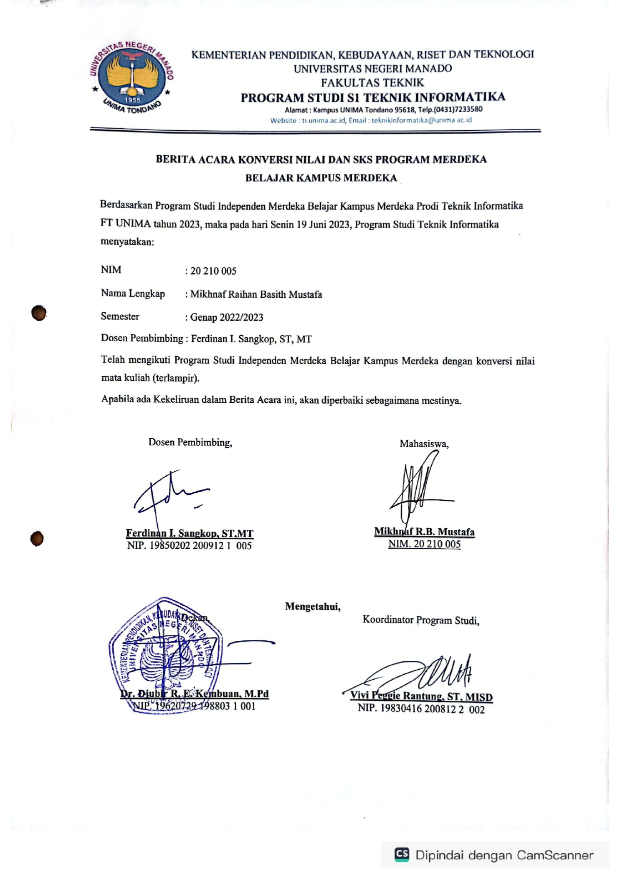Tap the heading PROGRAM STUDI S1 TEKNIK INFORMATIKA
(x=373, y=97)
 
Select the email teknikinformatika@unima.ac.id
(x=421, y=120)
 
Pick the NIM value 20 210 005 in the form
(x=213, y=271)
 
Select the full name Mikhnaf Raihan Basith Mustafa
(x=256, y=295)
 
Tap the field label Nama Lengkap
(x=132, y=293)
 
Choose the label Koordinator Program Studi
(x=420, y=620)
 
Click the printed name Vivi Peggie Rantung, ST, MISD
(x=421, y=696)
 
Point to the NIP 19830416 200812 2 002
(x=421, y=709)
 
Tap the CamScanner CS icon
(x=401, y=854)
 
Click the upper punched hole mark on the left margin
(x=38, y=313)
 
